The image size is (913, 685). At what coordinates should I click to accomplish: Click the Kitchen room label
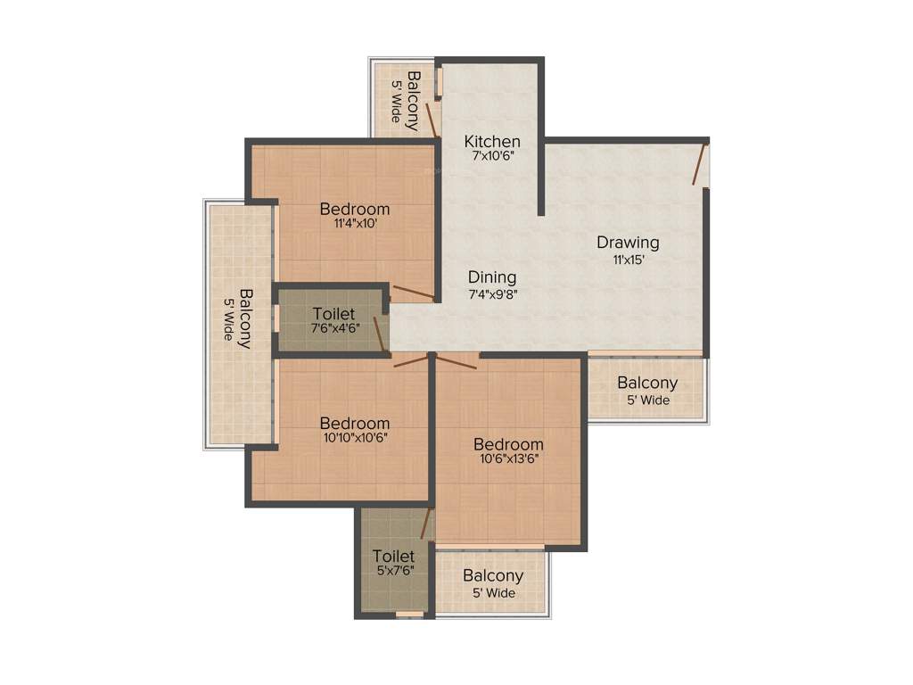(492, 141)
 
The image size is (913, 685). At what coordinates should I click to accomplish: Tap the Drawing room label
(628, 242)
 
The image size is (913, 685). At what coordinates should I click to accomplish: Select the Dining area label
(492, 276)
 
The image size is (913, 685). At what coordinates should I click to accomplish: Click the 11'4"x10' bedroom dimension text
(355, 225)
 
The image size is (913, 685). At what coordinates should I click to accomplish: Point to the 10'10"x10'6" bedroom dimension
(355, 437)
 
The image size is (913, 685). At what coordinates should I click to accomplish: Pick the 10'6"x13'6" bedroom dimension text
(508, 459)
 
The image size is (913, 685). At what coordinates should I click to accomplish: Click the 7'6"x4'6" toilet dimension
(334, 327)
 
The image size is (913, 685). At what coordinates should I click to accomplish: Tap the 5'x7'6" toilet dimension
(393, 570)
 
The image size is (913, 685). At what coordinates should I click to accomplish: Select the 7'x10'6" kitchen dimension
(492, 155)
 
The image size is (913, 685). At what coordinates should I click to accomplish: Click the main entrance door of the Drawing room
(700, 163)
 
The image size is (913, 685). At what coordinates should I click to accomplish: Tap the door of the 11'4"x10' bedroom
(412, 293)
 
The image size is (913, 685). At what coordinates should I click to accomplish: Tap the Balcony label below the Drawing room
(647, 383)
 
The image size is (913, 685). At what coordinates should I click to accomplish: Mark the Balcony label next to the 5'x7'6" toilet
(492, 576)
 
